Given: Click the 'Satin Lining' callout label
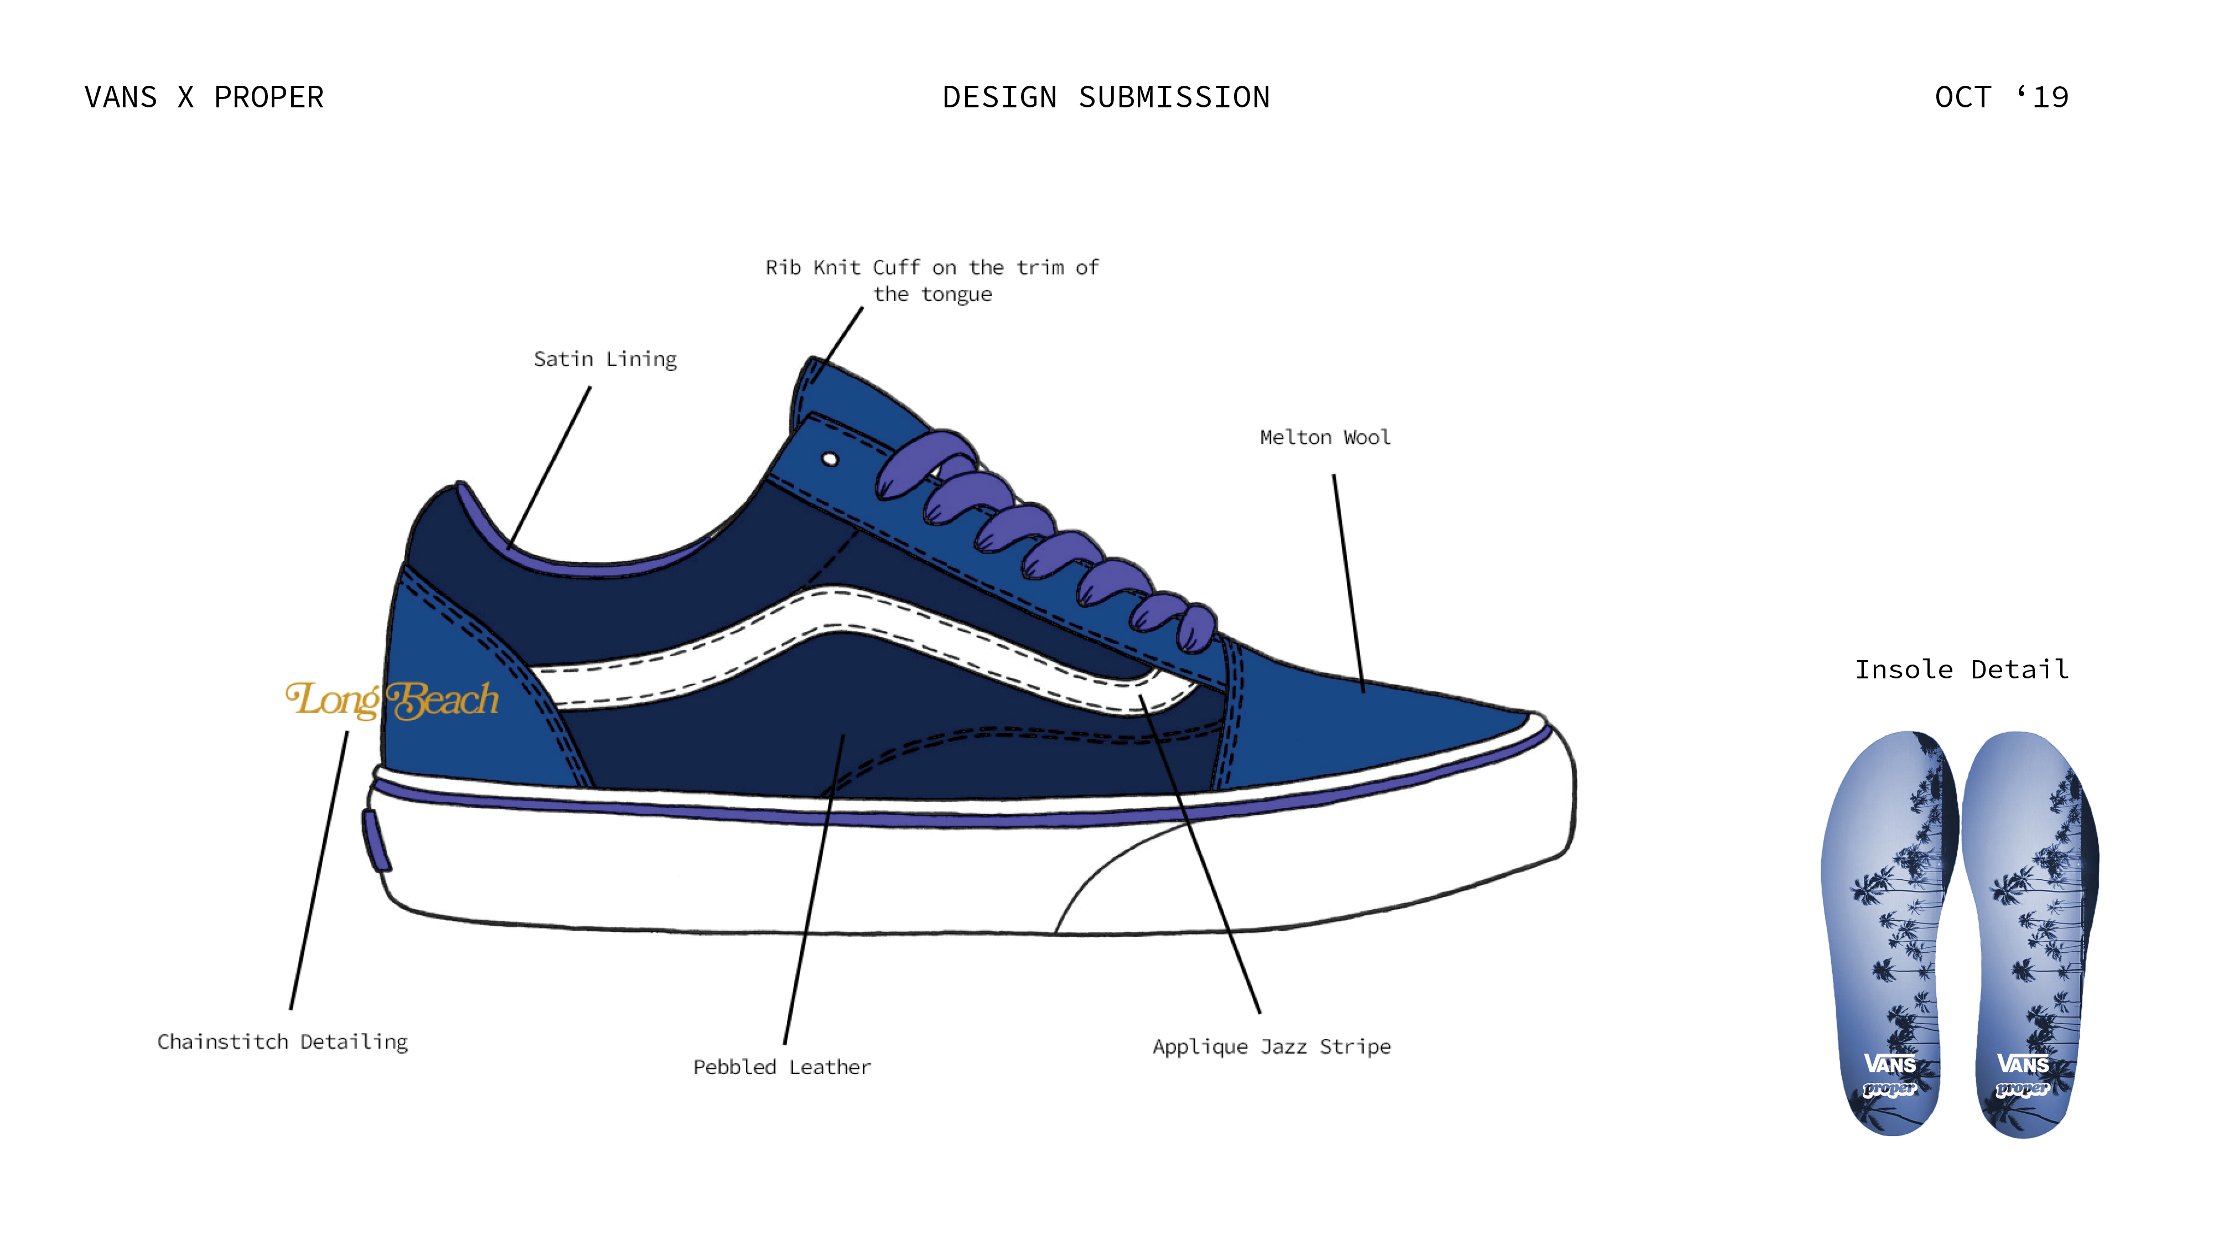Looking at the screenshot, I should [x=605, y=359].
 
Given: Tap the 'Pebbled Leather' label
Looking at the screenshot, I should [x=782, y=1067].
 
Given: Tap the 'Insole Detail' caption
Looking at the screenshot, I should [x=1961, y=670].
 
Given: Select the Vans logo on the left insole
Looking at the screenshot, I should [x=1890, y=1065].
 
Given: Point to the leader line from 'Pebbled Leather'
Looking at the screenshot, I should [x=813, y=889].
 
